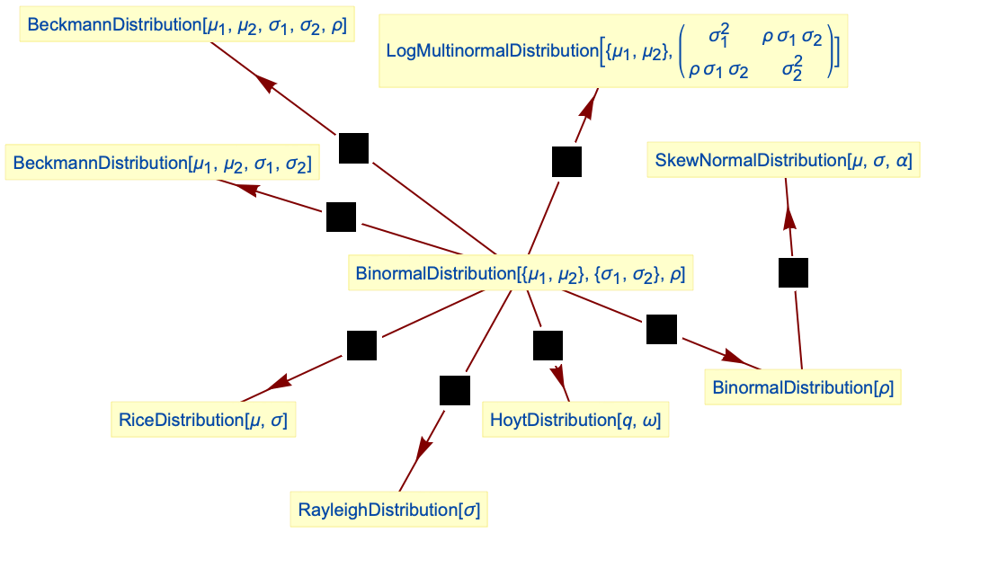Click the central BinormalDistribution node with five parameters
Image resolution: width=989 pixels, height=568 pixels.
click(x=521, y=273)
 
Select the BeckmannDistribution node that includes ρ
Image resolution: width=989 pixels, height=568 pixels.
click(x=186, y=26)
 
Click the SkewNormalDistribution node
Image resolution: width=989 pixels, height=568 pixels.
click(x=783, y=161)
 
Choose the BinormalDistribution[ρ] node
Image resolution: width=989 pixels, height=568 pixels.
click(x=803, y=387)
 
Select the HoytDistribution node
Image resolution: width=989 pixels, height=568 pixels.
click(x=575, y=420)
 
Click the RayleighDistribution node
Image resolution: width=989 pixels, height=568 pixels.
click(x=388, y=510)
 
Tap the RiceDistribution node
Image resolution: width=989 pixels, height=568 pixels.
click(x=203, y=420)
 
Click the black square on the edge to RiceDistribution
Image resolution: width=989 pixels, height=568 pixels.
click(x=361, y=346)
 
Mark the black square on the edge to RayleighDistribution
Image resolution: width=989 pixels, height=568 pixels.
click(x=455, y=391)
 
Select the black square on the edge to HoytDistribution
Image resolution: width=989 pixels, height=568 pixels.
click(x=548, y=346)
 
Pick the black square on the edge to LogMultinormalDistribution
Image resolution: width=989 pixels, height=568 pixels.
click(x=566, y=162)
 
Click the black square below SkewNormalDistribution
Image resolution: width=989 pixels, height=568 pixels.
click(x=793, y=272)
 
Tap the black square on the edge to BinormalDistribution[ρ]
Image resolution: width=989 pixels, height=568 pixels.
click(x=661, y=330)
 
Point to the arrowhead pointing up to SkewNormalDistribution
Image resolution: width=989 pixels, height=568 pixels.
click(x=789, y=218)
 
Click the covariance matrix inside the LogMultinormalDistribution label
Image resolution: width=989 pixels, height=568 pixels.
click(x=760, y=51)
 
